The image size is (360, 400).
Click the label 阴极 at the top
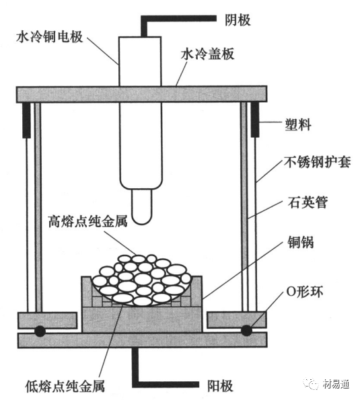click(x=238, y=20)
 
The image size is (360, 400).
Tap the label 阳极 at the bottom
click(x=220, y=385)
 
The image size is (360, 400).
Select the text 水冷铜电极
click(x=50, y=37)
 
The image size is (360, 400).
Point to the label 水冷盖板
click(x=207, y=54)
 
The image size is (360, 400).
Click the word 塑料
click(x=298, y=125)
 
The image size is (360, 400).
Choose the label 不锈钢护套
click(x=318, y=162)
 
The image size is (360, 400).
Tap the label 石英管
click(x=308, y=202)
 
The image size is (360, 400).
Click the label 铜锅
click(x=301, y=242)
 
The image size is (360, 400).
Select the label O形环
click(x=305, y=291)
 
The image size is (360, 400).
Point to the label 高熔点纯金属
click(x=88, y=221)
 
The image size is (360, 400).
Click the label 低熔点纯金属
click(x=65, y=386)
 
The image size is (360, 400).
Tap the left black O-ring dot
click(x=40, y=331)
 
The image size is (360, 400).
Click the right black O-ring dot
click(x=246, y=331)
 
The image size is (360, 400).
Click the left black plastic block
click(x=26, y=120)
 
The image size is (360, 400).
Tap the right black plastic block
click(x=255, y=120)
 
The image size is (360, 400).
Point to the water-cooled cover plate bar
click(x=142, y=94)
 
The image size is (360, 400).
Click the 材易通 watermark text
click(x=336, y=383)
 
